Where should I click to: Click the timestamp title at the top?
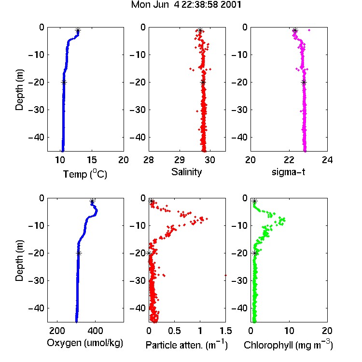coord(186,5)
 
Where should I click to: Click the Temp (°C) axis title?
coord(85,174)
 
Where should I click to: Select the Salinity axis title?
coord(186,172)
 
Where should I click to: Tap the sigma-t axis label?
coord(288,172)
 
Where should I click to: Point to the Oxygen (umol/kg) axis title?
coord(85,343)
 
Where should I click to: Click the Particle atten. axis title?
coord(187,345)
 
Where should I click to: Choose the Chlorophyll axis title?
coord(288,345)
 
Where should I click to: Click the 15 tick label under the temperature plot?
coord(92,160)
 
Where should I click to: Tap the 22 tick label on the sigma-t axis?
coord(289,160)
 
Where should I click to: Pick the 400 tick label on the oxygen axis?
coord(96,331)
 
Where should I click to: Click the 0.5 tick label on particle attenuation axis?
coord(174,331)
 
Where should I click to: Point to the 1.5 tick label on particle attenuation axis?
coord(226,331)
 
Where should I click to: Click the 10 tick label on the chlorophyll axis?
coord(289,331)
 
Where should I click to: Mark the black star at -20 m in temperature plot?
coord(64,82)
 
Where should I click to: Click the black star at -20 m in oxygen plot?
coord(79,253)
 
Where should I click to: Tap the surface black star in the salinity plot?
coord(200,30)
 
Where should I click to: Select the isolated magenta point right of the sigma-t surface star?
coord(309,30)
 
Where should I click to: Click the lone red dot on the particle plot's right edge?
coord(225,275)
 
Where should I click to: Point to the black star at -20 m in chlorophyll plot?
coord(255,253)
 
